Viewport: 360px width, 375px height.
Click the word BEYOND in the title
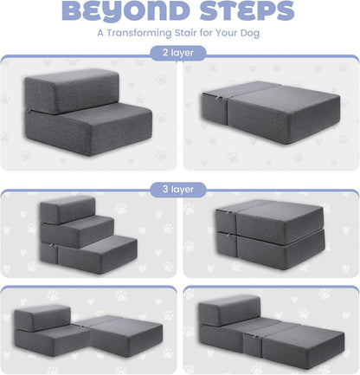[118, 13]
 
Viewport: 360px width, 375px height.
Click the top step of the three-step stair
[67, 208]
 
